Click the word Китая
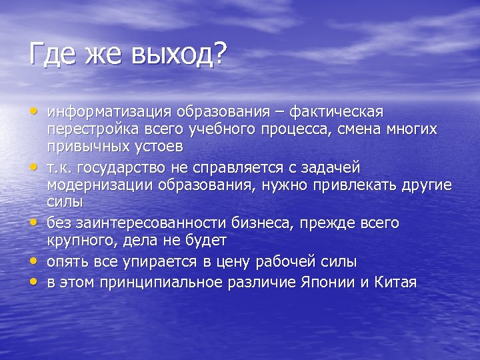[x=395, y=281]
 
